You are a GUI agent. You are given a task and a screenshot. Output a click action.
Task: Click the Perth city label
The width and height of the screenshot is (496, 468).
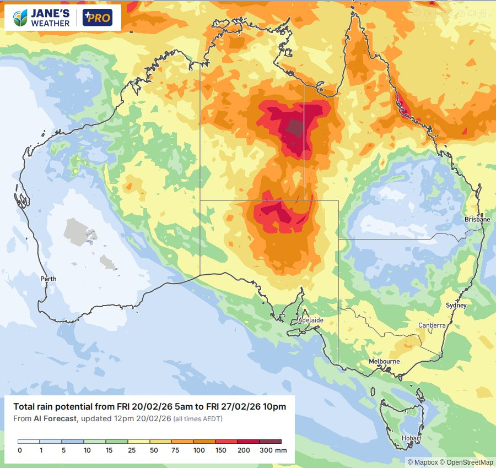[x=48, y=279]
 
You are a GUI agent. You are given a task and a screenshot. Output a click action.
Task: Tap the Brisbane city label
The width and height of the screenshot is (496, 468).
[x=477, y=219]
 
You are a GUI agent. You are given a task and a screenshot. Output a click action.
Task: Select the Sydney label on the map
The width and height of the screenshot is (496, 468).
[x=456, y=305]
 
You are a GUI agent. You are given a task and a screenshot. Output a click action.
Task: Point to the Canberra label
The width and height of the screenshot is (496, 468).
[x=432, y=325]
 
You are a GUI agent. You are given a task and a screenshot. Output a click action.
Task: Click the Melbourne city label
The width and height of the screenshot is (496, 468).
[x=384, y=361]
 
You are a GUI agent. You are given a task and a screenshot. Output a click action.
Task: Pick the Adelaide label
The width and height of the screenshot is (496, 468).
[x=310, y=320]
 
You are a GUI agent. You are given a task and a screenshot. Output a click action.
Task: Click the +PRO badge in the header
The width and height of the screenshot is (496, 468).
[x=97, y=18]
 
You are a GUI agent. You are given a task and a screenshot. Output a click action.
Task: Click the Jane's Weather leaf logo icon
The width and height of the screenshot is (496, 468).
[x=21, y=18]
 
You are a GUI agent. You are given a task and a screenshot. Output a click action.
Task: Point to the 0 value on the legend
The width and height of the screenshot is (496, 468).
[x=19, y=450]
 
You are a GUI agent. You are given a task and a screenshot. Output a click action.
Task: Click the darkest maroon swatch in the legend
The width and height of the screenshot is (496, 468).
[x=270, y=442]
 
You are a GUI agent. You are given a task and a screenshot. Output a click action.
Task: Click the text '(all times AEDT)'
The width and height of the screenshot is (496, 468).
[x=198, y=419]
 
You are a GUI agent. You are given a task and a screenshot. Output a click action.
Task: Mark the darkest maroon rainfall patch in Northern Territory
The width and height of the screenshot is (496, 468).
[x=296, y=128]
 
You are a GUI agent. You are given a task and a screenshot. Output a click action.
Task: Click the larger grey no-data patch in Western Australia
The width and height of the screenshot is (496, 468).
[x=79, y=230]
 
